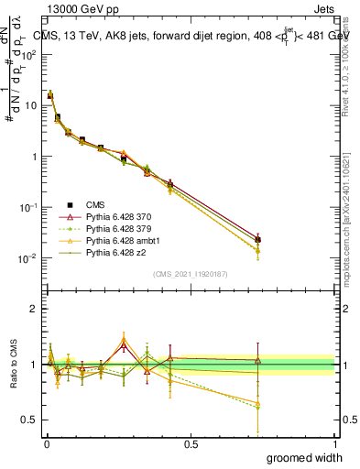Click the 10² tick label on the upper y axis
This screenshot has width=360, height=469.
(x=29, y=54)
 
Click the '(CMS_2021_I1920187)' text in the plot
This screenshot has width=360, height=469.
(x=191, y=274)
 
